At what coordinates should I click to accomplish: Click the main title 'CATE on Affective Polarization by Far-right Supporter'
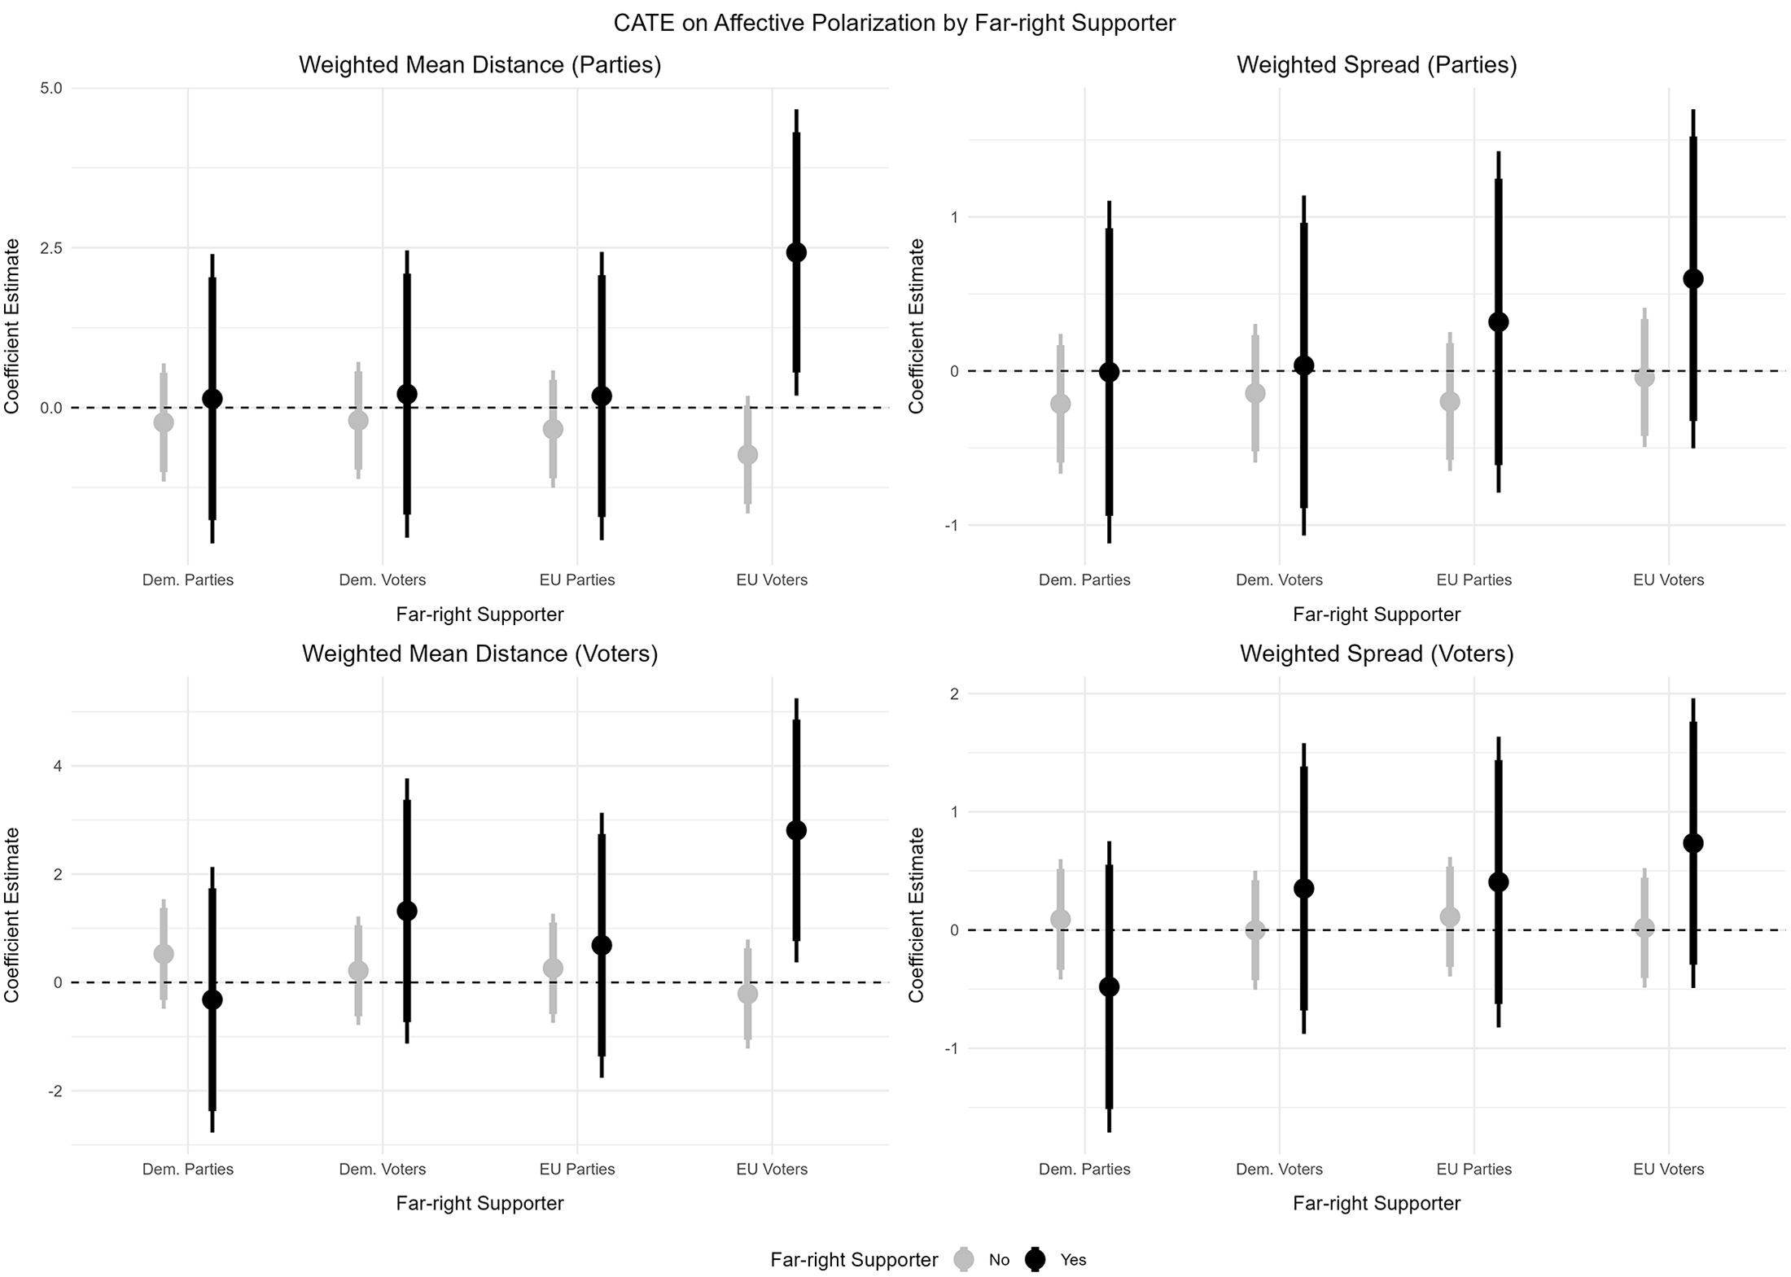click(894, 23)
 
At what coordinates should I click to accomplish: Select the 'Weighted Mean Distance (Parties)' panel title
click(479, 65)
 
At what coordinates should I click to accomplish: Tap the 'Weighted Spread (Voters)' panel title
click(1377, 654)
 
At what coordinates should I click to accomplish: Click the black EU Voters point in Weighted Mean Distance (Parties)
click(796, 252)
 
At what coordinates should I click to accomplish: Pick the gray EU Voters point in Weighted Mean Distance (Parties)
click(747, 454)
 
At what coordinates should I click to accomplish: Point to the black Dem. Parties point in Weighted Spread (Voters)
click(1109, 986)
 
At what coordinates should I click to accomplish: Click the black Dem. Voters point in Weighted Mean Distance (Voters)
click(406, 911)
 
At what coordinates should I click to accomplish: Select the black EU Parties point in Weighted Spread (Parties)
click(1498, 321)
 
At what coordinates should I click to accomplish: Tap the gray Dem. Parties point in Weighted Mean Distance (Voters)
click(164, 953)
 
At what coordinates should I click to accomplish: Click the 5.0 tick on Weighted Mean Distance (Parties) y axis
click(51, 88)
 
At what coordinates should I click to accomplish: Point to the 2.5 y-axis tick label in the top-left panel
click(51, 247)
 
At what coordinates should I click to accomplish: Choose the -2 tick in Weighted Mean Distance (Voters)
click(55, 1091)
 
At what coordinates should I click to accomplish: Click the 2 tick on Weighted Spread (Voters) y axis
click(954, 693)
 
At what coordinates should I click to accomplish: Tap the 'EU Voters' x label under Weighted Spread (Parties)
click(1668, 580)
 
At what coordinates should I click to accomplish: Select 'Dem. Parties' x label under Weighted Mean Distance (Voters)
click(188, 1169)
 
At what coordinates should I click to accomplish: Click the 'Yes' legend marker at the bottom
click(1036, 1259)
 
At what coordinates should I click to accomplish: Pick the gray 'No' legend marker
click(965, 1259)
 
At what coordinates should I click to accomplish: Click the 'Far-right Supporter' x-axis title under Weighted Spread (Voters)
click(1377, 1203)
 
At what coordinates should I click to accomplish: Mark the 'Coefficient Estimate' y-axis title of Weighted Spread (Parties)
click(917, 326)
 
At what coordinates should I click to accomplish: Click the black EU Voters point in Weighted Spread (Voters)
click(1693, 843)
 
